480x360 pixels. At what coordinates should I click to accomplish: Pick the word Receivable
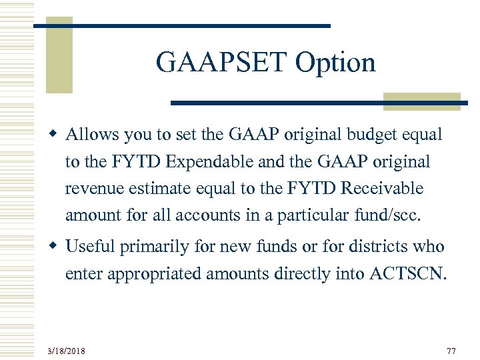(x=381, y=189)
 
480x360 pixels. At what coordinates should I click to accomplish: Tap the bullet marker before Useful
(x=57, y=247)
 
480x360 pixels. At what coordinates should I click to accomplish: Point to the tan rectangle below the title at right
(x=422, y=100)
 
